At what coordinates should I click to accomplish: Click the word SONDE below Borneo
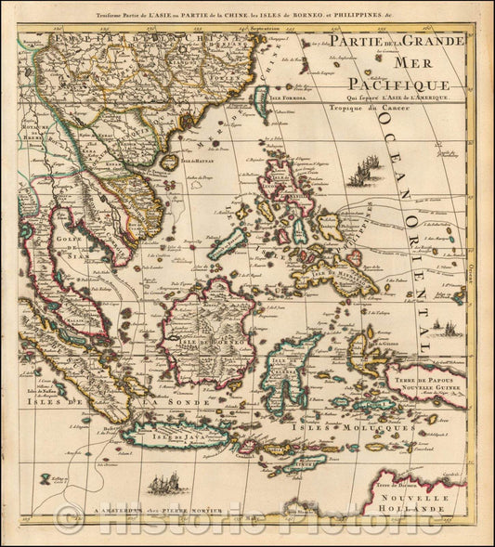(166, 403)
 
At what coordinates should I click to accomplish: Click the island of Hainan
(169, 162)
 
